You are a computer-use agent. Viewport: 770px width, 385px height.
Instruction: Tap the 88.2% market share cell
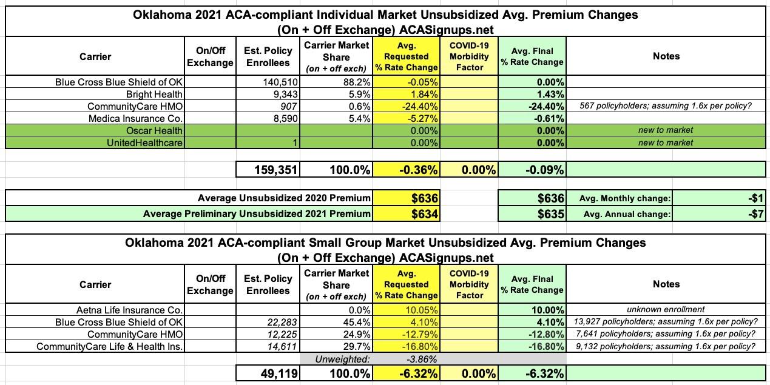click(356, 82)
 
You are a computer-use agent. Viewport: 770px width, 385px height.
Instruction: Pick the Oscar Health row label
click(155, 130)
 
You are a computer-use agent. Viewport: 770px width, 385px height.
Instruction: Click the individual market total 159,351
click(273, 170)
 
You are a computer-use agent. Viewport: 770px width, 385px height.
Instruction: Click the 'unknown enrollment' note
click(666, 310)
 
